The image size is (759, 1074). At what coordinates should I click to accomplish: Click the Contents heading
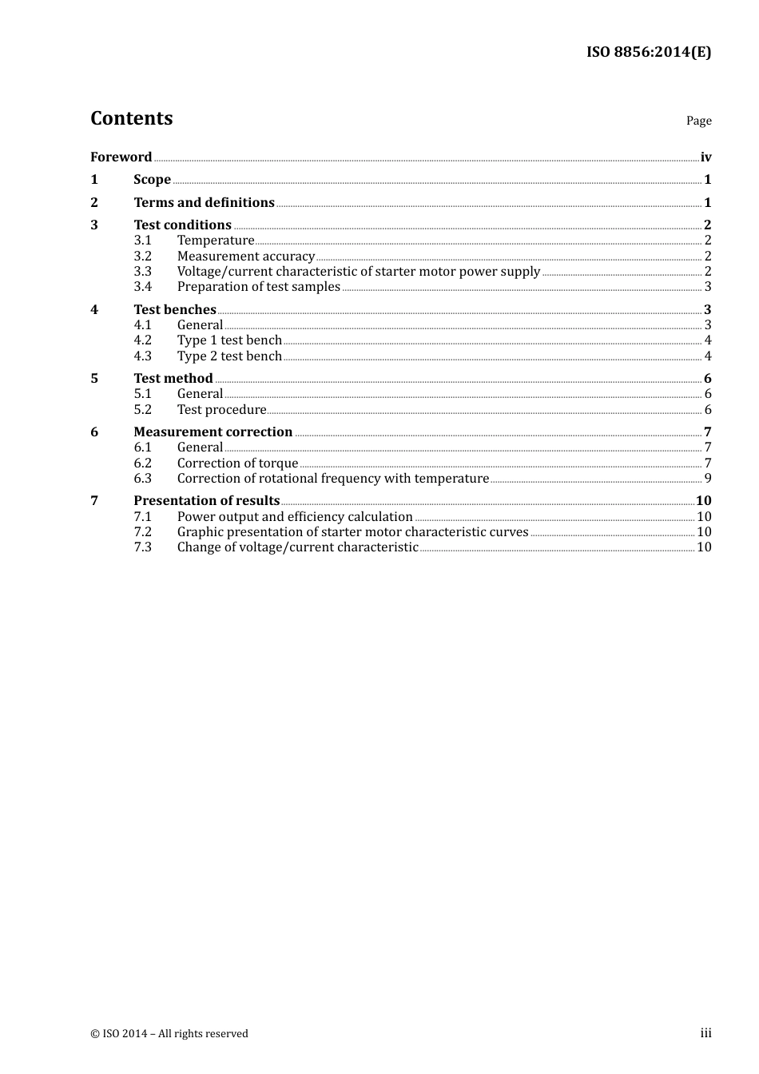pos(131,118)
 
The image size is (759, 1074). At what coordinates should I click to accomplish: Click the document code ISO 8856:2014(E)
pos(648,53)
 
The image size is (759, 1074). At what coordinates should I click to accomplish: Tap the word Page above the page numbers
pos(698,121)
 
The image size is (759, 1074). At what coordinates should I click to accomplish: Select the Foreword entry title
pos(121,157)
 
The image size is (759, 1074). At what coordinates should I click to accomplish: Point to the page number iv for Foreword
pos(705,157)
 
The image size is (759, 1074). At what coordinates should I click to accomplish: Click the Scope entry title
pos(152,180)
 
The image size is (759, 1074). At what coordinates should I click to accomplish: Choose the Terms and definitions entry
pos(204,203)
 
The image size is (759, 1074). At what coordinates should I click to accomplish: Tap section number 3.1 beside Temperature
pos(142,241)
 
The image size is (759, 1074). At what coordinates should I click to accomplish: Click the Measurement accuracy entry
pos(245,257)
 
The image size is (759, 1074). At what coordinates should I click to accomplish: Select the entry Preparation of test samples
pos(258,287)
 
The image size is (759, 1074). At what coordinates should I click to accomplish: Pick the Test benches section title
pos(174,310)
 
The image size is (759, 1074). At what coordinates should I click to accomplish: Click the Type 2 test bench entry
pos(229,356)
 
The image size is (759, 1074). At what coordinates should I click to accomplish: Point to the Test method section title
pos(173,379)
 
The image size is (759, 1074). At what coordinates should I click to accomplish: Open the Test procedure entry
pos(221,410)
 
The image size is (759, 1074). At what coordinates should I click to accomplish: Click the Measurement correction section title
pos(213,432)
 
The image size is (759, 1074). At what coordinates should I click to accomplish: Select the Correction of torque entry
pos(237,463)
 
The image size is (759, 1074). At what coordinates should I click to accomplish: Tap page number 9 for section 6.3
pos(707,479)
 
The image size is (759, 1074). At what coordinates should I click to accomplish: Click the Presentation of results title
pos(206,501)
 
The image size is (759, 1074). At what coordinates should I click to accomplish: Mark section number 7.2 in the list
pos(142,532)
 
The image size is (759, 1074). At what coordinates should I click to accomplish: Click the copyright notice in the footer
pos(169,1034)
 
